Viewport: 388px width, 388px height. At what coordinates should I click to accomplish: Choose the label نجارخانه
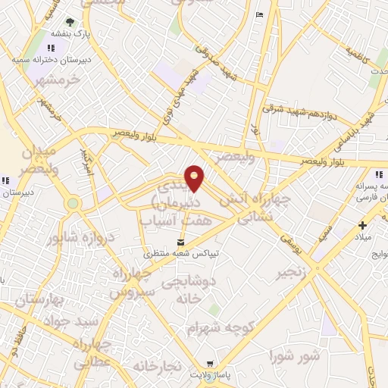[x=158, y=366]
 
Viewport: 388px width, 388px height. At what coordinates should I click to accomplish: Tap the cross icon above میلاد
[x=363, y=224]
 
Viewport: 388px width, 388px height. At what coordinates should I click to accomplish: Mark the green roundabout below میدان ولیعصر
[x=73, y=203]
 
